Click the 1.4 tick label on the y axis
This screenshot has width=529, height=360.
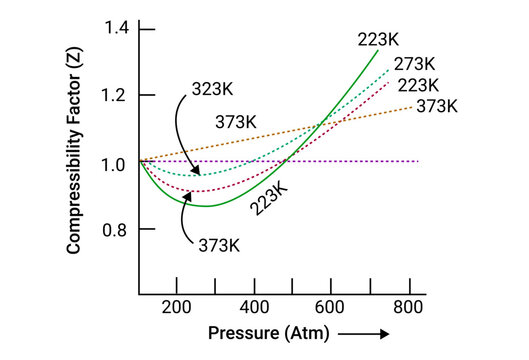[114, 27]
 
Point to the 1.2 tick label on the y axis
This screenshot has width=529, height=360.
[114, 95]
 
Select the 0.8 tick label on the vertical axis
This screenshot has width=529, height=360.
[114, 230]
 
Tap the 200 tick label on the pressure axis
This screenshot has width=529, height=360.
[176, 307]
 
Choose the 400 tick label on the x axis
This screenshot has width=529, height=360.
[254, 307]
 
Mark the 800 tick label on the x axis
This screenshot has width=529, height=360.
[407, 307]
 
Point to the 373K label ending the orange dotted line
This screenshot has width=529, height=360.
[437, 106]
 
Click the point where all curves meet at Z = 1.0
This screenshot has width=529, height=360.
[140, 161]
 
